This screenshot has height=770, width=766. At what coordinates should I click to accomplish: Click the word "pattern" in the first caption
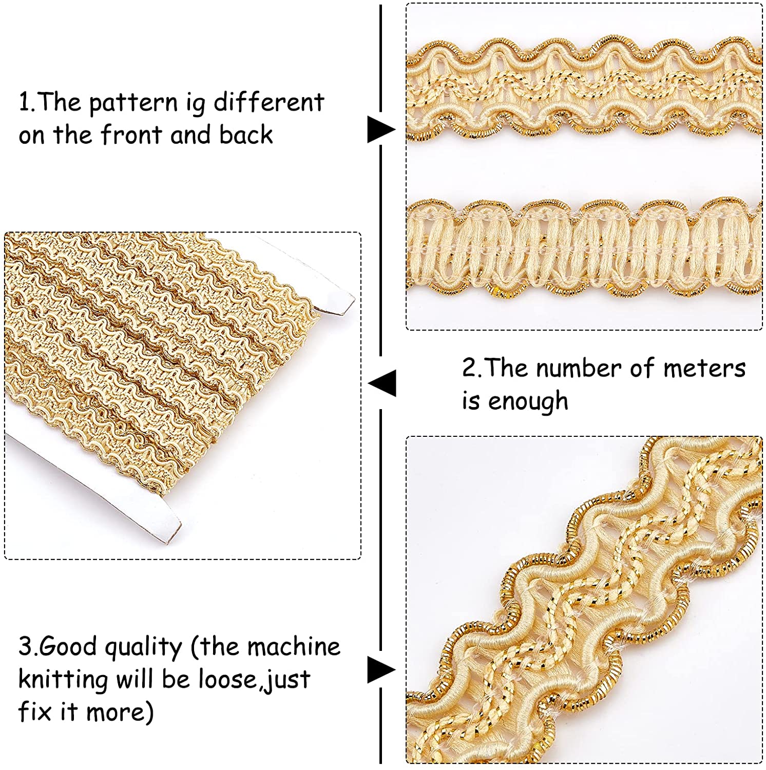tap(133, 103)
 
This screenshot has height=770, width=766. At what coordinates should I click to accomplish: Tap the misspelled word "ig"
tap(195, 104)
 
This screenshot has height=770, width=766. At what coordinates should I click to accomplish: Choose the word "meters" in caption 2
tap(704, 368)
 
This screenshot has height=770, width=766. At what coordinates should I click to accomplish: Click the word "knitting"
tap(63, 680)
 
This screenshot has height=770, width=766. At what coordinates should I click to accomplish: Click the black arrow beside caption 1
tap(381, 129)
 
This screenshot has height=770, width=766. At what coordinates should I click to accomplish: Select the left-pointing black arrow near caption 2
tap(382, 383)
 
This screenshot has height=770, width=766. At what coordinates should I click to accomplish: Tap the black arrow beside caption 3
tap(381, 670)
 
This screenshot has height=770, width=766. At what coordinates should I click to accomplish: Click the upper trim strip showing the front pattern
tap(584, 89)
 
